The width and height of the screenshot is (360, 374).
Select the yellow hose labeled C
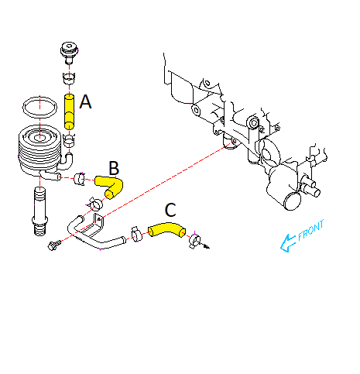[164, 229]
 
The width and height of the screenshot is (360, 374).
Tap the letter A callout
[86, 101]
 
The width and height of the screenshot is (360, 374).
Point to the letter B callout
[114, 167]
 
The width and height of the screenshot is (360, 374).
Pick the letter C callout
[171, 210]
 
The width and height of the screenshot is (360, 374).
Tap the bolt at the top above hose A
[70, 53]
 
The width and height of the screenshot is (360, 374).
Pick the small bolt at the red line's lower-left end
[53, 247]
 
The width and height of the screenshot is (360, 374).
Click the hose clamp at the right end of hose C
[194, 242]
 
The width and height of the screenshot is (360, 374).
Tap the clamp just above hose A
[69, 79]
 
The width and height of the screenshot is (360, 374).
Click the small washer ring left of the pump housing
[253, 123]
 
